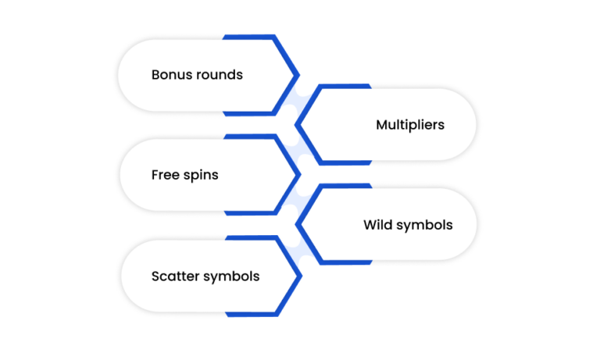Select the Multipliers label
[410, 125]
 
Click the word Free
[166, 175]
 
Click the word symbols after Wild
[425, 226]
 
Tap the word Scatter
[176, 276]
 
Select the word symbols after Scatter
[231, 276]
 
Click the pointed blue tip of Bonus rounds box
[298, 76]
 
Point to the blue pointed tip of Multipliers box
[296, 125]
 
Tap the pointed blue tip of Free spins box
[300, 175]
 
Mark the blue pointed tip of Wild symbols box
[297, 225]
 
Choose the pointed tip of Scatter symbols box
[301, 276]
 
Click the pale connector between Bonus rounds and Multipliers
[301, 100]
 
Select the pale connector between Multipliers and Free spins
[302, 150]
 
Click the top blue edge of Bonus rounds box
[248, 37]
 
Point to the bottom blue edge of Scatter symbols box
[252, 315]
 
